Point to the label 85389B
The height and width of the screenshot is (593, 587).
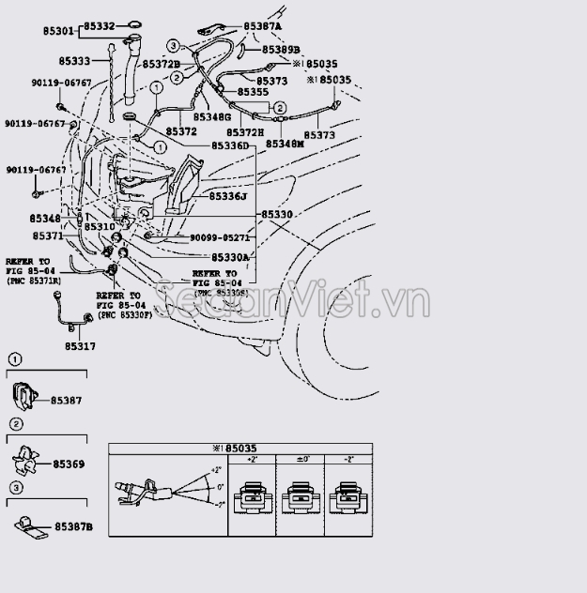pyautogui.click(x=281, y=49)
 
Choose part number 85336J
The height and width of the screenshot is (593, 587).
pyautogui.click(x=229, y=196)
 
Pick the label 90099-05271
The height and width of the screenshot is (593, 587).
pyautogui.click(x=220, y=238)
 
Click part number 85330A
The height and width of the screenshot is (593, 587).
pyautogui.click(x=230, y=257)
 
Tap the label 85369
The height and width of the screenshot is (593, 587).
pyautogui.click(x=69, y=464)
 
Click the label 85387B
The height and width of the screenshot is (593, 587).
pyautogui.click(x=74, y=527)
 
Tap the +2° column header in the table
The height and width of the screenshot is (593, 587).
pyautogui.click(x=253, y=458)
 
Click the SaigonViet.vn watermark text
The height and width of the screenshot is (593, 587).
pyautogui.click(x=291, y=301)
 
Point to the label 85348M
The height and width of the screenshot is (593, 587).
pyautogui.click(x=285, y=144)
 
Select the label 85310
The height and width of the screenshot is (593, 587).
pyautogui.click(x=99, y=227)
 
